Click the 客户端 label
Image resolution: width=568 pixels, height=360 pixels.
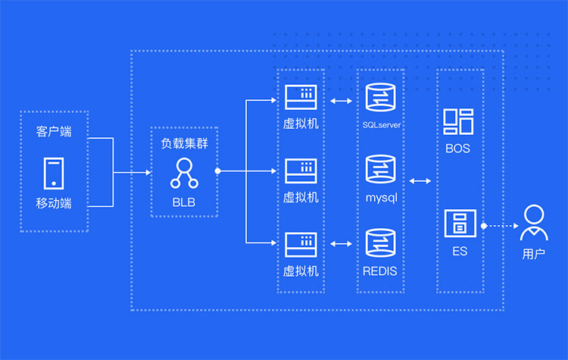tap(54, 131)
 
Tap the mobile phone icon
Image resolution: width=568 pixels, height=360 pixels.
tap(54, 174)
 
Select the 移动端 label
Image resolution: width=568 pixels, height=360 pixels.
tap(54, 203)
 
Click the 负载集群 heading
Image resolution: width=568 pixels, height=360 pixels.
tap(184, 142)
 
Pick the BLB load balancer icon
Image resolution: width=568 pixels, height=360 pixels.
tap(184, 174)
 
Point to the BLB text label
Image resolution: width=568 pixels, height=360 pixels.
tap(184, 203)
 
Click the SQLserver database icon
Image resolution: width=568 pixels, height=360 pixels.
tap(381, 99)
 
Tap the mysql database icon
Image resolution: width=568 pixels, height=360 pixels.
tap(381, 171)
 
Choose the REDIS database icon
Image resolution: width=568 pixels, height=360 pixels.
tap(381, 243)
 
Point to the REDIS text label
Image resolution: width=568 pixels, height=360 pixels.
tap(381, 270)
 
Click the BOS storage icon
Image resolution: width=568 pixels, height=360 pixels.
tap(458, 121)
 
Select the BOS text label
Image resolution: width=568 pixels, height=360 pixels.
tap(458, 149)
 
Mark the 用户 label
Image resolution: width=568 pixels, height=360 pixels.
tap(534, 254)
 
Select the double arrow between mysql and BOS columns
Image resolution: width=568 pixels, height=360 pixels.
tap(420, 181)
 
